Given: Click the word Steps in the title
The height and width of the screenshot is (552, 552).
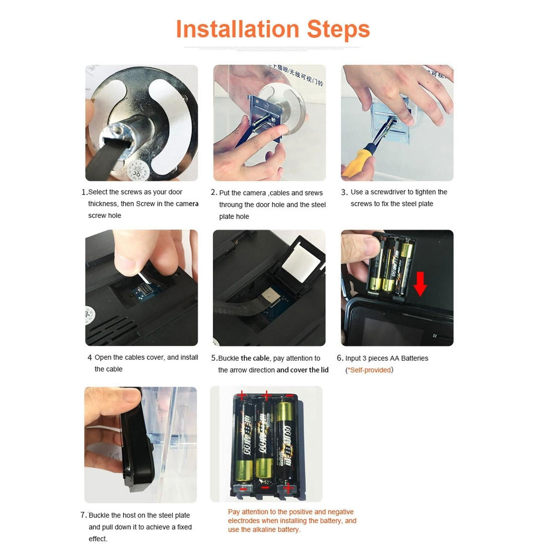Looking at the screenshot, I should click(x=338, y=29).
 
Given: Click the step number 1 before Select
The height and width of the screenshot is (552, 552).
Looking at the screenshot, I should click(x=84, y=192).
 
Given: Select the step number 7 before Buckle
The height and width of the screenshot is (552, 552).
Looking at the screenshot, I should click(x=83, y=515).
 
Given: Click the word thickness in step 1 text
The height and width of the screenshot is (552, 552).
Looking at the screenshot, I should click(x=103, y=204).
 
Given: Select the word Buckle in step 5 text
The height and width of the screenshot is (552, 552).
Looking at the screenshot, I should click(x=229, y=358).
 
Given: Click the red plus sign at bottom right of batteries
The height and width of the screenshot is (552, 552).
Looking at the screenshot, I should click(x=288, y=488).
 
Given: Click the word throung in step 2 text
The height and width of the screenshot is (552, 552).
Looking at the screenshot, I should click(x=231, y=205).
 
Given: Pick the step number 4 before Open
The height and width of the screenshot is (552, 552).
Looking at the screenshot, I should click(x=90, y=358).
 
